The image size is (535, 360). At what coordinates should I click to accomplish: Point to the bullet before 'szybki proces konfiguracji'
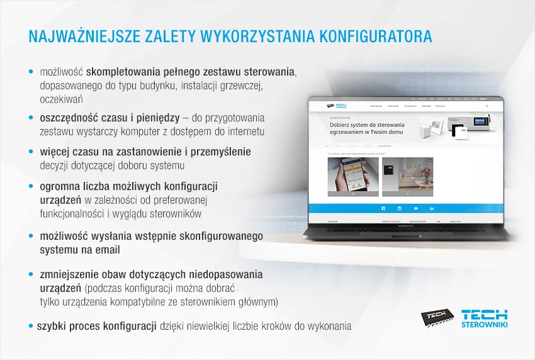click(x=31, y=326)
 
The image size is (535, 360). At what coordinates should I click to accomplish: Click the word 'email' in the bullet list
click(x=108, y=250)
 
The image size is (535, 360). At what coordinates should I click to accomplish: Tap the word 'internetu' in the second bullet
click(x=244, y=132)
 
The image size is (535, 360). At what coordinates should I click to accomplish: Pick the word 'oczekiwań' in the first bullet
click(x=61, y=99)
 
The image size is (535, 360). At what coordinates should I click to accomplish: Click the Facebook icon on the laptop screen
click(x=383, y=208)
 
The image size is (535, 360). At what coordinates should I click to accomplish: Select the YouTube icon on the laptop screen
click(x=415, y=208)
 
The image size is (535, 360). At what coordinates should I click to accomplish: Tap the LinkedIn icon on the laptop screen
click(x=432, y=208)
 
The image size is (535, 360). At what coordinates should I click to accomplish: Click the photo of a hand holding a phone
click(x=353, y=176)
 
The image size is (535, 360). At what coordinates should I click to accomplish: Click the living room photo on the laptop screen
click(x=407, y=176)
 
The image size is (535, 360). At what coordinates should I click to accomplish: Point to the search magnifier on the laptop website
click(x=487, y=106)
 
